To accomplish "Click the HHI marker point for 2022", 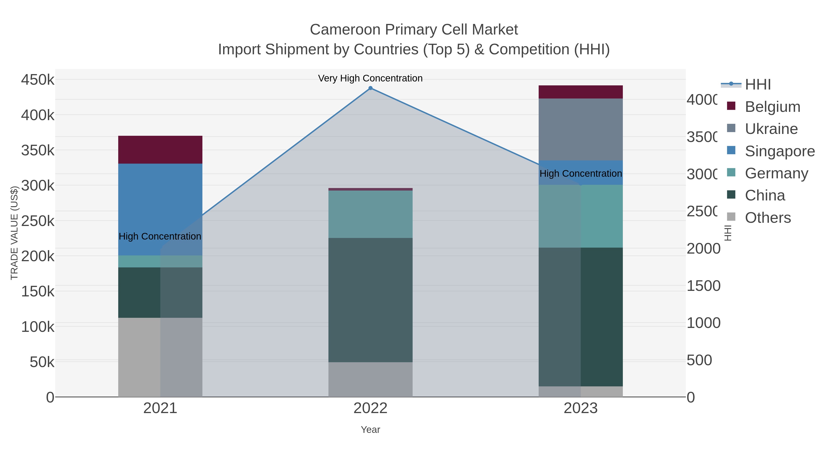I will [x=370, y=88].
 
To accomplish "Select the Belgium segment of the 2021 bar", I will [x=160, y=150].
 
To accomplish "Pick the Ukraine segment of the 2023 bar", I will [x=581, y=129].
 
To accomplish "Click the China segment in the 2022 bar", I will [x=370, y=300].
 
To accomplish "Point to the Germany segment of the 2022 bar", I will [x=370, y=214].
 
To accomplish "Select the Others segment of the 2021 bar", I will [x=160, y=357].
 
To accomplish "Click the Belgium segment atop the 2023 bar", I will [x=581, y=92].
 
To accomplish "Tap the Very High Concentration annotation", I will [x=370, y=78].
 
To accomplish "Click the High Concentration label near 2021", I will [x=160, y=236].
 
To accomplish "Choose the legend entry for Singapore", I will [x=779, y=151].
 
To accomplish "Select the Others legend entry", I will [x=768, y=218].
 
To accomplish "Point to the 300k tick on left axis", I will [x=38, y=185].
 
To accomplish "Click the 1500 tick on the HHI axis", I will [x=703, y=286].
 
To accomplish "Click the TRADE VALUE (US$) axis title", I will [x=14, y=233].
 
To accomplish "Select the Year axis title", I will [x=370, y=430].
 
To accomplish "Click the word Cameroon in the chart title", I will [x=345, y=30].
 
